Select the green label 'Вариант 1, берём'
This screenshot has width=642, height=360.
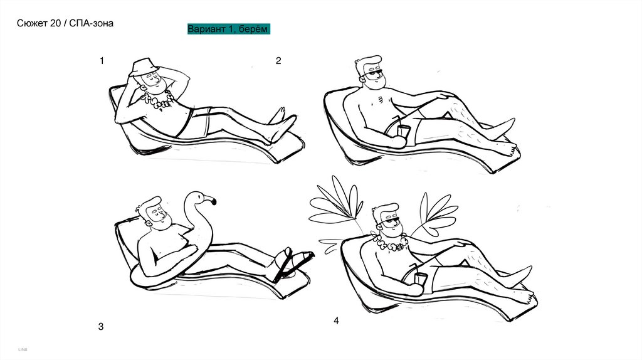tap(228, 29)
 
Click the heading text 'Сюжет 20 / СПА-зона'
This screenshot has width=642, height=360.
tap(65, 23)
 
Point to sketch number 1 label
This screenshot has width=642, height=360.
tap(102, 61)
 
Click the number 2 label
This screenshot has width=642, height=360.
tap(278, 61)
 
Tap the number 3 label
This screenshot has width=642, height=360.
tap(101, 327)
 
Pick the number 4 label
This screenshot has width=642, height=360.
tap(336, 320)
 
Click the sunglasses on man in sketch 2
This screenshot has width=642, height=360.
tap(373, 75)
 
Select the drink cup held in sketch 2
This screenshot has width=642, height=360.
tap(403, 130)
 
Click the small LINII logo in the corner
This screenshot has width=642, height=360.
tap(23, 350)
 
